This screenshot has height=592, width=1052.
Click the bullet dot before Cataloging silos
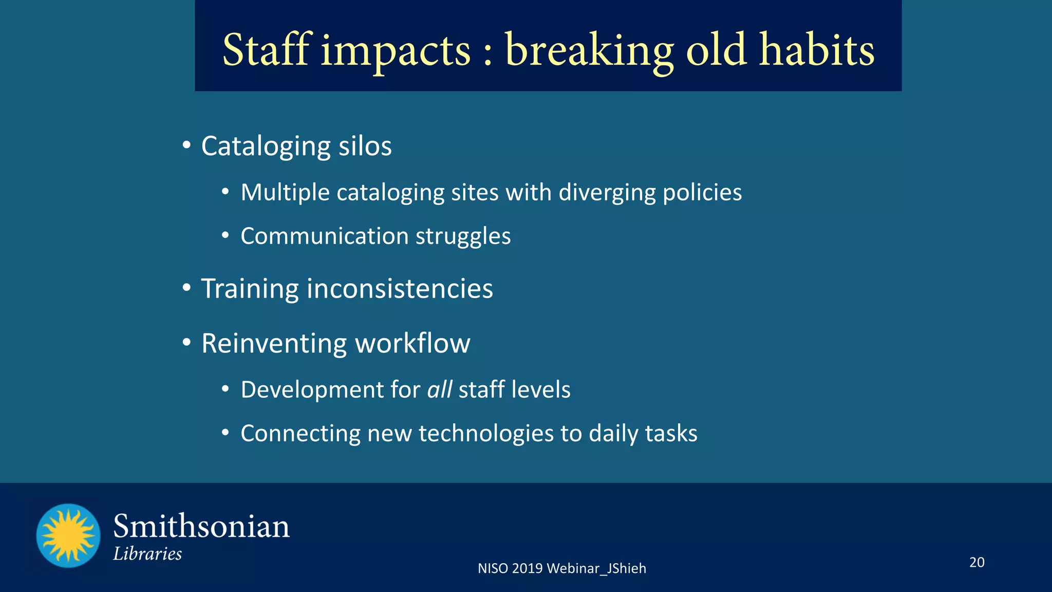point(187,144)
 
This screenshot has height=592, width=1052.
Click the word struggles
point(463,237)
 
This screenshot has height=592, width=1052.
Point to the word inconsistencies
point(400,288)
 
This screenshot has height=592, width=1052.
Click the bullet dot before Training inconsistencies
point(187,287)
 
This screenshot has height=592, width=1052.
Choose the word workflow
point(412,343)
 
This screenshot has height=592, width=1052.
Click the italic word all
point(439,390)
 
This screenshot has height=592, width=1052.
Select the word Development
point(312,390)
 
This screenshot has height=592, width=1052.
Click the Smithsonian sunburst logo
point(68,535)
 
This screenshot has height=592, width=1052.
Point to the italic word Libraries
point(147,554)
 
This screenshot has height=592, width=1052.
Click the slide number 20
point(976,562)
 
